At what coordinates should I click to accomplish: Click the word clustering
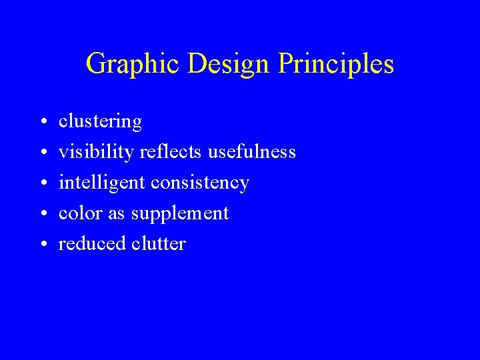click(x=101, y=122)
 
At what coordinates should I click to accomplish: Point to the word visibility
click(x=97, y=153)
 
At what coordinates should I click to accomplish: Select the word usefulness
click(x=252, y=153)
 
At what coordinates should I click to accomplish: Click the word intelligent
click(x=103, y=183)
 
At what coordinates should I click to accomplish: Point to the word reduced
click(x=92, y=244)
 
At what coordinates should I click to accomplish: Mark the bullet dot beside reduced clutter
click(x=42, y=245)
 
